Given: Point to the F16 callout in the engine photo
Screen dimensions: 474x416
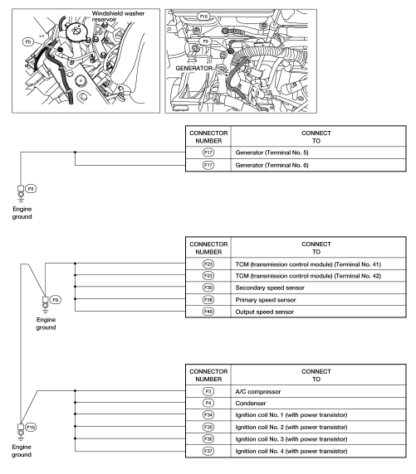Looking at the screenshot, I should tap(203, 17).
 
